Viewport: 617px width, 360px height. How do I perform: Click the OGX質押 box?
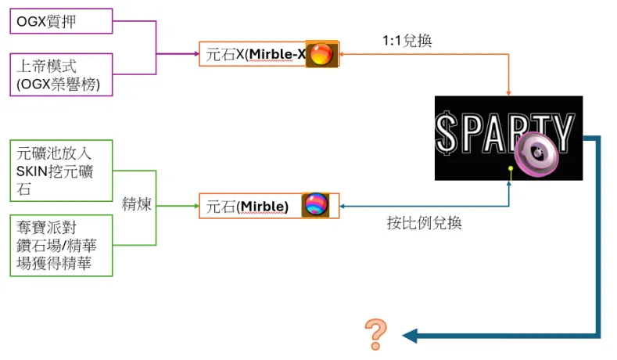(61, 21)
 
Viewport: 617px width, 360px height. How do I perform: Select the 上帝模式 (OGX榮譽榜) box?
(61, 75)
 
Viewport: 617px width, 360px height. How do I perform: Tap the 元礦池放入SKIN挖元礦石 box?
(61, 171)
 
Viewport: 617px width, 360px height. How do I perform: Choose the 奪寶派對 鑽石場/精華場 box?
(61, 246)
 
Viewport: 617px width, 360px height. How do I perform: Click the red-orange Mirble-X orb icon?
(321, 54)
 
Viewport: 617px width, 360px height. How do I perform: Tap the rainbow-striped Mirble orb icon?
(316, 204)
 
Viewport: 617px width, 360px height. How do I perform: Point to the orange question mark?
(376, 334)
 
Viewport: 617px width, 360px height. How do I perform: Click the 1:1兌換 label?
(407, 41)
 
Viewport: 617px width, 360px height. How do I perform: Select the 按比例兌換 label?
(424, 223)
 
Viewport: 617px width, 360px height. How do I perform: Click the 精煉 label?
(137, 204)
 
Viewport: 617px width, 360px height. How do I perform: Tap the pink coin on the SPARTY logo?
(536, 153)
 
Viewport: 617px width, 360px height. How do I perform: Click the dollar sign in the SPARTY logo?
(446, 133)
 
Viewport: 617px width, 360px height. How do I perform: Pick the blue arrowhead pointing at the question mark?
(410, 336)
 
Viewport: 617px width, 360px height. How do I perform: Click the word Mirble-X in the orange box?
(278, 54)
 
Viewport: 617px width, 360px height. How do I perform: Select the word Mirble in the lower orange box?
(263, 207)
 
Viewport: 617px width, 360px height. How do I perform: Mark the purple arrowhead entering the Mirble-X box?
(196, 53)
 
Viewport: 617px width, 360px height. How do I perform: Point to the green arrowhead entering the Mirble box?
(196, 206)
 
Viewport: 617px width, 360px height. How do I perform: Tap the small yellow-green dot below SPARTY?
(511, 168)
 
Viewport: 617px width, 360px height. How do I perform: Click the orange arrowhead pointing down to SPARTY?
(509, 93)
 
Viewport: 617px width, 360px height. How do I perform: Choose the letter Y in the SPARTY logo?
(564, 132)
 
